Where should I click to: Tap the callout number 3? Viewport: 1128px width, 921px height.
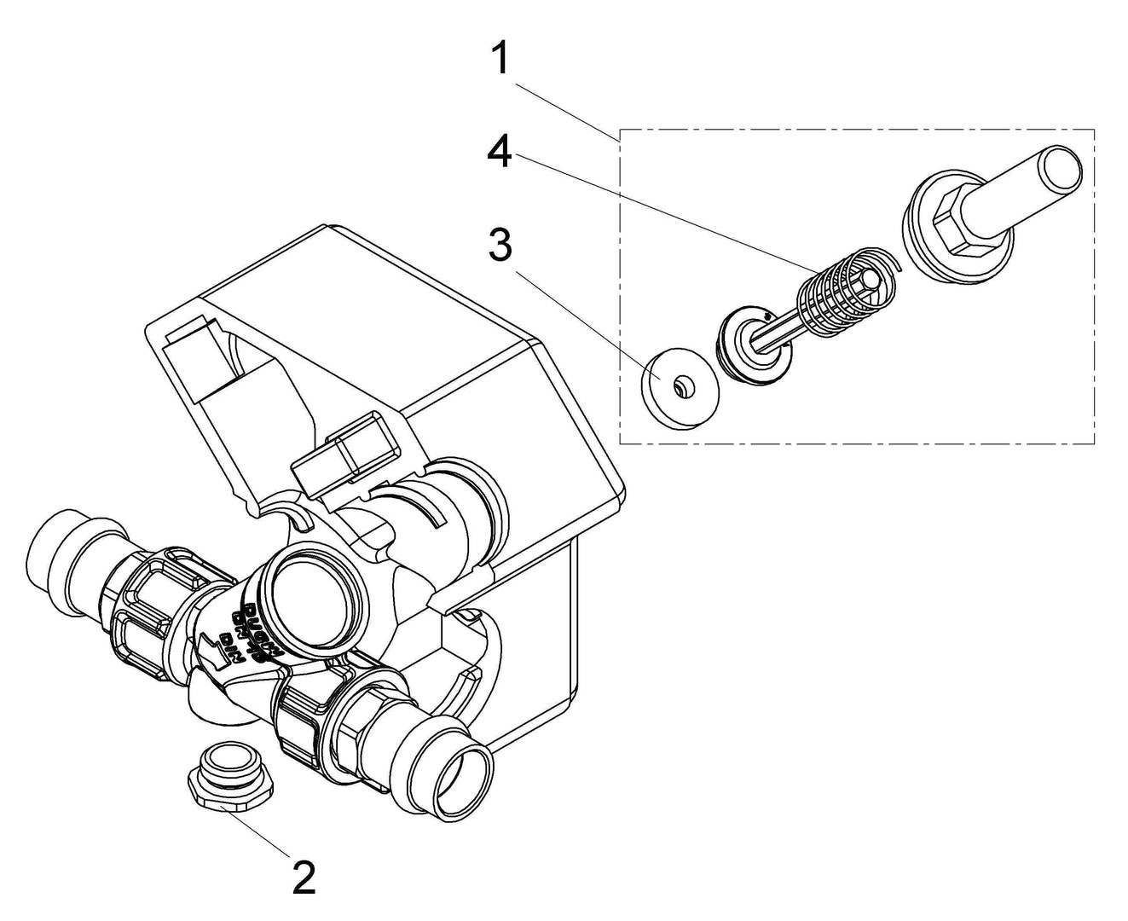(x=500, y=246)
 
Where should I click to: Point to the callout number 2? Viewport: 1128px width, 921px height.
(x=304, y=877)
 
